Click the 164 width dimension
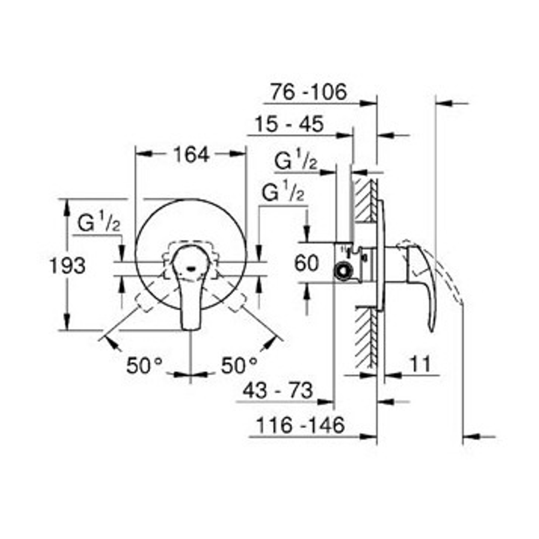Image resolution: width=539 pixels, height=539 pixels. (x=191, y=155)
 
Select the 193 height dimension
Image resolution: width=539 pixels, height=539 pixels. (x=68, y=266)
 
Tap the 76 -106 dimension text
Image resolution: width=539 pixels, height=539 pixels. (x=308, y=92)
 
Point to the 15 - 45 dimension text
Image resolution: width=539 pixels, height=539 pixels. (x=289, y=124)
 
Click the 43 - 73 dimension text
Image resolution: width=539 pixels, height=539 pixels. (x=278, y=390)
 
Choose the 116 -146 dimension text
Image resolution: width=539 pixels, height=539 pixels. (x=300, y=425)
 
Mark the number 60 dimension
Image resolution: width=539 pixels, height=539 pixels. (x=306, y=264)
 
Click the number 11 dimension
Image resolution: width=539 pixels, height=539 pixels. (x=420, y=364)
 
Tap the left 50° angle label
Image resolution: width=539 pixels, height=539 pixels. (x=144, y=365)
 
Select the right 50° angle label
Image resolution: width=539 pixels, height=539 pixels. (x=239, y=365)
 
